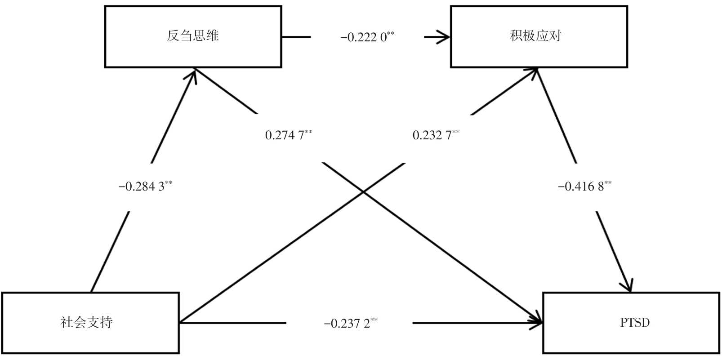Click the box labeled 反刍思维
click(193, 36)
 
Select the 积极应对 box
click(539, 36)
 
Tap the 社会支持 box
click(90, 323)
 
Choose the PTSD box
click(632, 323)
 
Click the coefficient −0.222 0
click(364, 38)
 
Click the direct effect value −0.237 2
click(347, 324)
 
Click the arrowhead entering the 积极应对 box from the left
click(445, 36)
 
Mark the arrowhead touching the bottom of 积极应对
click(534, 72)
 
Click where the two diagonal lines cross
click(363, 192)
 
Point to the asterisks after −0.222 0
click(391, 34)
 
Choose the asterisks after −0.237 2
click(374, 320)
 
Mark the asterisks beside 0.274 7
click(308, 132)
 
